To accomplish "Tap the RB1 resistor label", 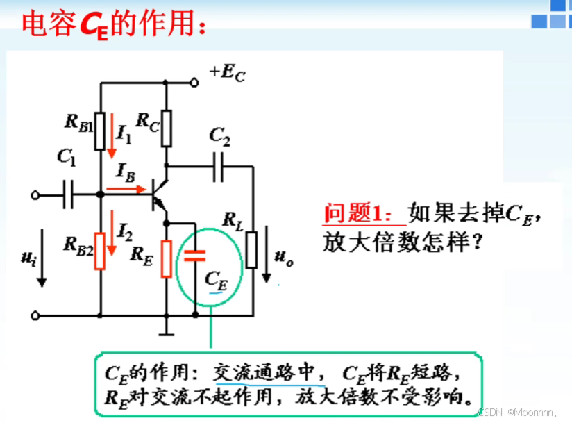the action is click(x=80, y=122).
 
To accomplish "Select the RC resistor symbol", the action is click(x=166, y=128).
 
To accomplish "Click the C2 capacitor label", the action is click(x=220, y=138).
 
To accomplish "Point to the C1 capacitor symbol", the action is click(x=68, y=194).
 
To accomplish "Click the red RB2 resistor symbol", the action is click(x=101, y=251).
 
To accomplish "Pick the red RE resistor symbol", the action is click(x=166, y=258).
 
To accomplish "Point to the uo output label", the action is click(x=283, y=258).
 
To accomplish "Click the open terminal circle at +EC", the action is click(x=195, y=82).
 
